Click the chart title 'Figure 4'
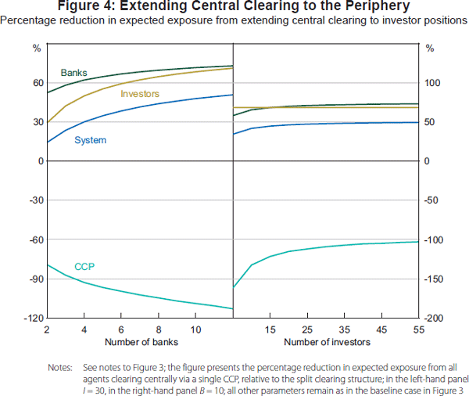tap(234, 6)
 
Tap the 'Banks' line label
tap(73, 73)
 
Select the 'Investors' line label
tap(140, 94)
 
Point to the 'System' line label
tap(90, 140)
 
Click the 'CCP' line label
tap(84, 267)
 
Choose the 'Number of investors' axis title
tap(327, 342)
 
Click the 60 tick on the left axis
tap(37, 83)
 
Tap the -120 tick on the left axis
tap(34, 319)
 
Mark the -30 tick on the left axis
tap(36, 200)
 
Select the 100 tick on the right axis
tap(432, 83)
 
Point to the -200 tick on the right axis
tap(434, 319)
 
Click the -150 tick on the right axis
tap(434, 279)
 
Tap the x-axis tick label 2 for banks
tap(48, 329)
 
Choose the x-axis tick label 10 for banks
tap(195, 329)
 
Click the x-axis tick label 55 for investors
tap(418, 329)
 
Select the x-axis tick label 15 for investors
tap(270, 329)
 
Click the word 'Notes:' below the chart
tap(60, 366)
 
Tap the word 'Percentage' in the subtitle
tap(27, 20)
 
